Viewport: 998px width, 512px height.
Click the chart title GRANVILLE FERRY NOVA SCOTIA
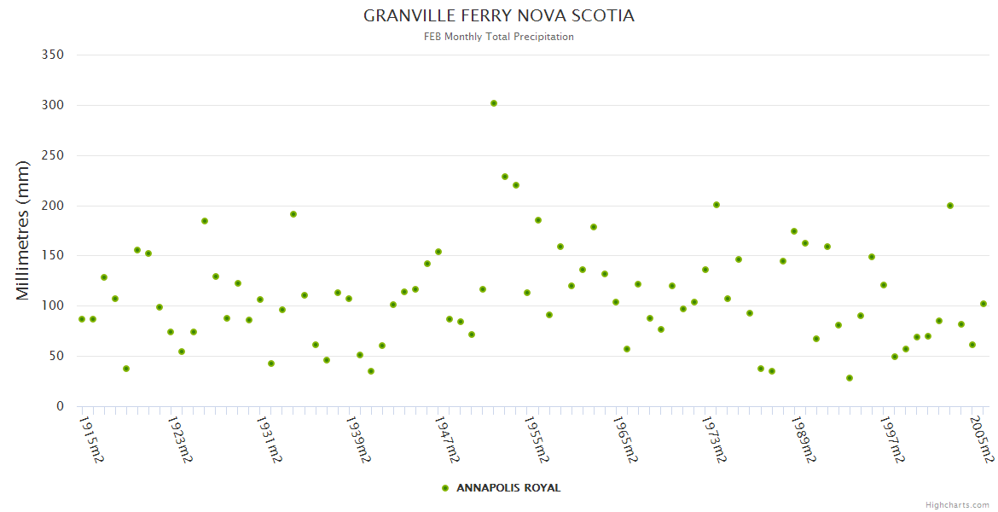coord(499,16)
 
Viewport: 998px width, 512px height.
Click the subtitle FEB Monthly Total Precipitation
coord(499,37)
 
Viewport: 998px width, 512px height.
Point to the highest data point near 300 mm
coord(494,103)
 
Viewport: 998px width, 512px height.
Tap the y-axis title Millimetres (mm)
coord(23,230)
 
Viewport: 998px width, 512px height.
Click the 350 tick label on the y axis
coord(53,55)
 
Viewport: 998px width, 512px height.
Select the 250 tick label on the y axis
coord(53,155)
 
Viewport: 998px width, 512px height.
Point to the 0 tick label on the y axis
coord(60,406)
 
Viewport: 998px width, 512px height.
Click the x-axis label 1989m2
coord(805,439)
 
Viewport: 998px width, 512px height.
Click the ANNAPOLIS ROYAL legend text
coord(508,488)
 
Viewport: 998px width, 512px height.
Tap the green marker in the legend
coord(444,488)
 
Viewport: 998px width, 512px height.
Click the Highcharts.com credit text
coord(957,505)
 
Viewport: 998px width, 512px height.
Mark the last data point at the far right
coord(983,304)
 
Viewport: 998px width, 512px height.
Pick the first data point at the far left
coord(82,319)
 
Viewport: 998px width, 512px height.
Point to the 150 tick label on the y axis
coord(53,255)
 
